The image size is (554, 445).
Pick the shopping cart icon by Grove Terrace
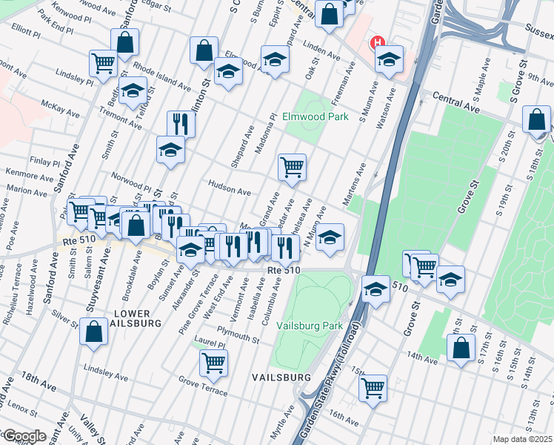point(213,362)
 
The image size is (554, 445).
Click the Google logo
point(24,435)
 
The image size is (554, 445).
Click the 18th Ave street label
point(39,380)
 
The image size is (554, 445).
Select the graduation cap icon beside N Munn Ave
point(330,236)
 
